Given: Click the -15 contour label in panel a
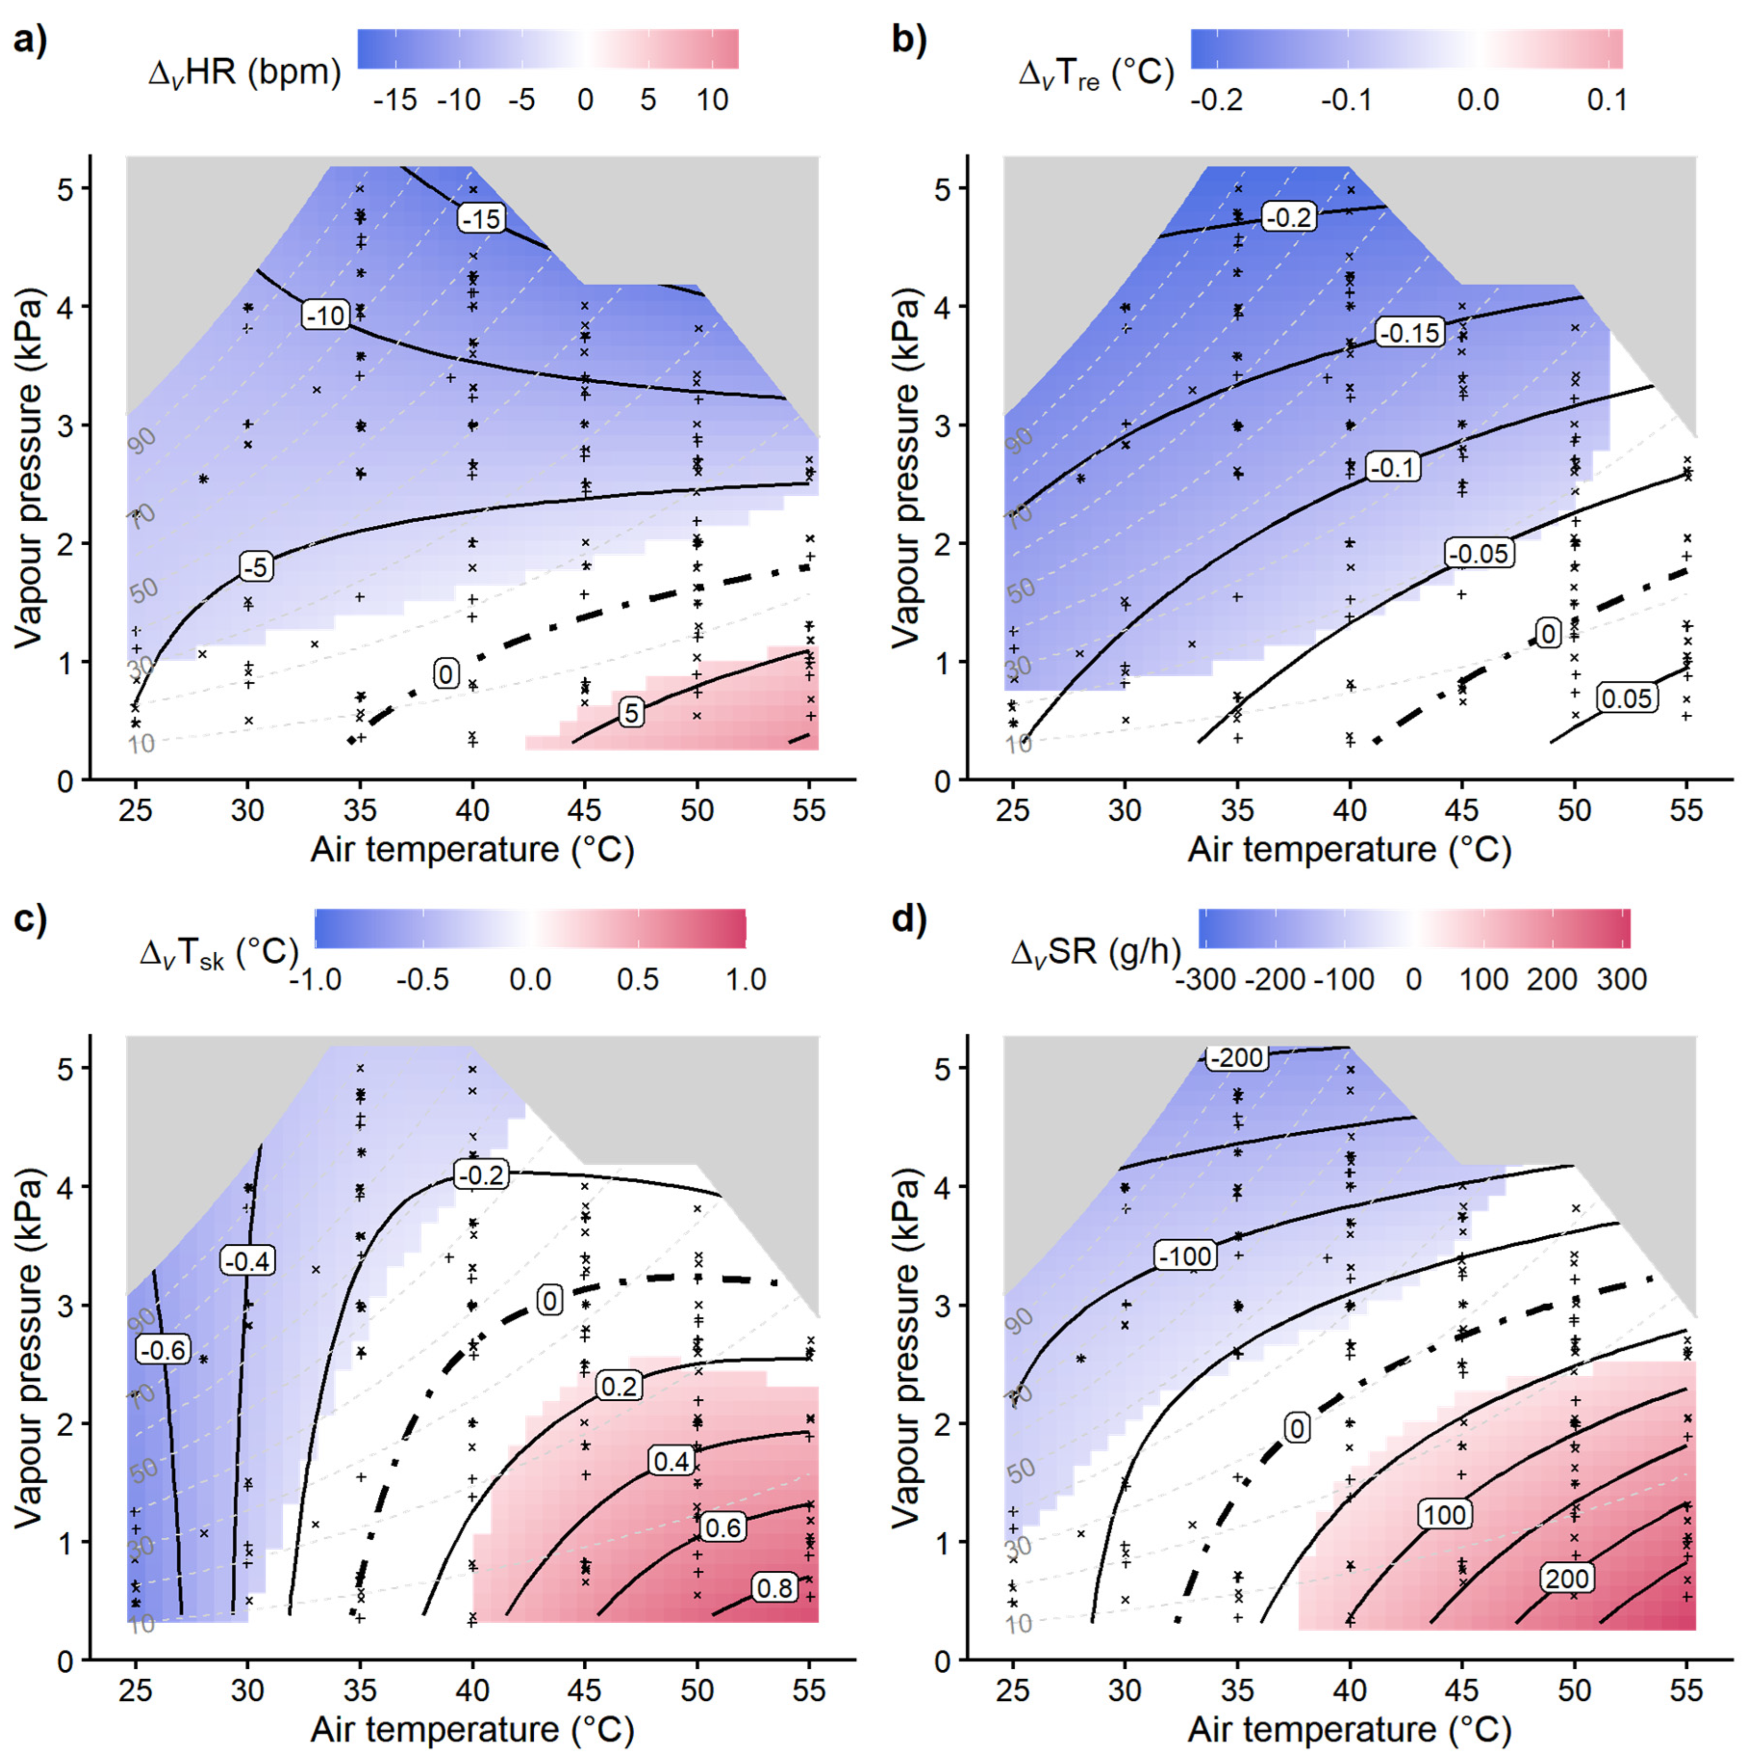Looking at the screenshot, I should tap(481, 219).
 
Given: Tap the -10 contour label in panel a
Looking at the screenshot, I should tap(326, 316).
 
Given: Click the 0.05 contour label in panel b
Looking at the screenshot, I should tap(1627, 699).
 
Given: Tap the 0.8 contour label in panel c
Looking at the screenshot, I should tap(775, 1588).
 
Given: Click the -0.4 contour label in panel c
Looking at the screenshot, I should tap(248, 1261).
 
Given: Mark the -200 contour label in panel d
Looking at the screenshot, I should tap(1236, 1057).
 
